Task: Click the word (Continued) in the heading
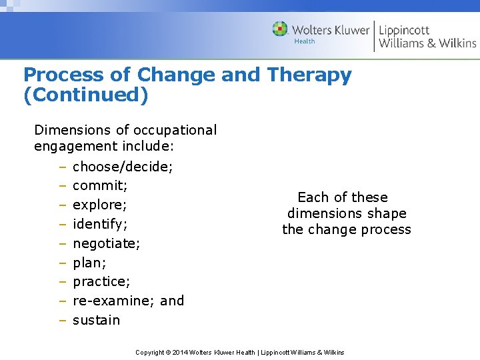[x=85, y=95]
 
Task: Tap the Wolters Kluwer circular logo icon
[x=280, y=29]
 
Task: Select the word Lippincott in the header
[x=404, y=30]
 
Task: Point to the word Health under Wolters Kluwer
[x=305, y=41]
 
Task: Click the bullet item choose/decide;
[x=123, y=167]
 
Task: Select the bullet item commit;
[x=100, y=185]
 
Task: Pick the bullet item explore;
[x=100, y=205]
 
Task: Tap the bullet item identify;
[x=100, y=224]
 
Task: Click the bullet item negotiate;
[x=106, y=243]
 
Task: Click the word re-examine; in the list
[x=114, y=301]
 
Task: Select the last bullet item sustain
[x=96, y=320]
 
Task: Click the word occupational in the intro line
[x=175, y=130]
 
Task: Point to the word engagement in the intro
[x=75, y=146]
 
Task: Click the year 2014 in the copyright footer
[x=179, y=352]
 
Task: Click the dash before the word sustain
[x=61, y=320]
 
